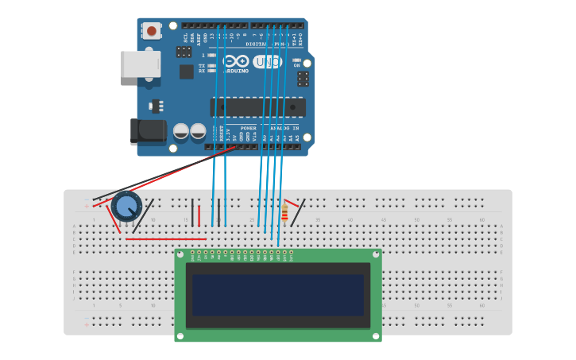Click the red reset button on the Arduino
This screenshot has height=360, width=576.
(151, 31)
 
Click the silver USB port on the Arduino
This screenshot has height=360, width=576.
(140, 64)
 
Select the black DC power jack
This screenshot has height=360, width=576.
(148, 131)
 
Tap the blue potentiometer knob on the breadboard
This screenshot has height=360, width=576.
(126, 206)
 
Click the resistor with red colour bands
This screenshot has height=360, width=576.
(285, 211)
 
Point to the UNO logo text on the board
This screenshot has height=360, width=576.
(268, 61)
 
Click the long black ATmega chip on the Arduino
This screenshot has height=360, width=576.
(257, 107)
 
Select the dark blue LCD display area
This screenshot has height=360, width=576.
(277, 295)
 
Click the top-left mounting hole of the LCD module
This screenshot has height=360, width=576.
(180, 254)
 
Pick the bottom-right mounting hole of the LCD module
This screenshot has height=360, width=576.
(376, 335)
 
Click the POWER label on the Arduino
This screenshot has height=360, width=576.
(249, 128)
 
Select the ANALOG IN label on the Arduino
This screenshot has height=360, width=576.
(284, 128)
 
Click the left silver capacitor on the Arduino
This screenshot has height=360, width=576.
(181, 131)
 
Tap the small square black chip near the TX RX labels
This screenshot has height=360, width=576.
(187, 72)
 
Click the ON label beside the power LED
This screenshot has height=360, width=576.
(297, 65)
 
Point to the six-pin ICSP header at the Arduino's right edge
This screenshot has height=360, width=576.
(303, 79)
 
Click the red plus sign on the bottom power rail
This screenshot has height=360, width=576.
(87, 324)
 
